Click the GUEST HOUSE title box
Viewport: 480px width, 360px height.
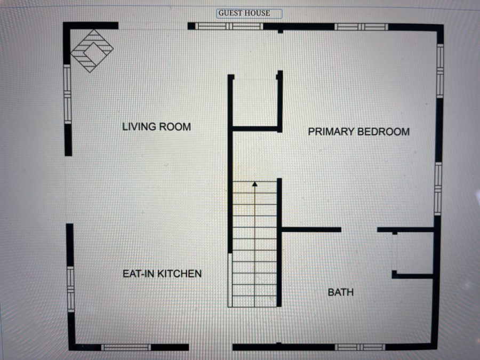[x=249, y=13]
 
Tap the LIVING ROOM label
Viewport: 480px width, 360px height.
[x=156, y=126]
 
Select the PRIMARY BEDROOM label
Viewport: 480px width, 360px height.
[x=359, y=132]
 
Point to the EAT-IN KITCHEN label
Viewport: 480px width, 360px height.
[x=162, y=274]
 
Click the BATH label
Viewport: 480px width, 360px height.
[x=341, y=292]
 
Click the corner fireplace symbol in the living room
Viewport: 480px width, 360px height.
[x=92, y=51]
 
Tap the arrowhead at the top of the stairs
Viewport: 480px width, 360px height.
[x=255, y=183]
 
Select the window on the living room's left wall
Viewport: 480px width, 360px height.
[x=67, y=94]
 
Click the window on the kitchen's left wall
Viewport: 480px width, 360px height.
[x=70, y=289]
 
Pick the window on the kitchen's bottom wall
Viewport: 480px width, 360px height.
[x=126, y=347]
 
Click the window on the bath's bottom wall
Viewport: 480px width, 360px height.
[x=360, y=347]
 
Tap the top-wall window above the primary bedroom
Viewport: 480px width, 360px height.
[x=361, y=27]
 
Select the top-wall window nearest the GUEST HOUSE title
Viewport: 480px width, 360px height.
[x=229, y=26]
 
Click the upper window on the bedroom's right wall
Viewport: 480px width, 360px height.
[x=440, y=71]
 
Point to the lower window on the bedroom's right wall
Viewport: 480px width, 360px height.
[x=438, y=189]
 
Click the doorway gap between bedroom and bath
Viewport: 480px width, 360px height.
[x=359, y=229]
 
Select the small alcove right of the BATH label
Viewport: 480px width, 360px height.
[x=413, y=253]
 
